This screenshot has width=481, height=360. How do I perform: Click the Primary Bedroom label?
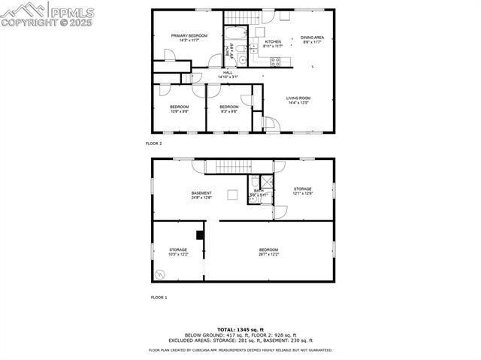189,38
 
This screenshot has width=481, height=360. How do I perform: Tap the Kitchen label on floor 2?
273,44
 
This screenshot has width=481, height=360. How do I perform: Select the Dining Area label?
313,41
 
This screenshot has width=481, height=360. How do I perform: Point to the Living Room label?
298,101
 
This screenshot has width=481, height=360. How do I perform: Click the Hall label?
228,75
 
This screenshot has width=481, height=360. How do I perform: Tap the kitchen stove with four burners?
276,62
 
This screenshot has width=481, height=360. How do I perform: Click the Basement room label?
201,195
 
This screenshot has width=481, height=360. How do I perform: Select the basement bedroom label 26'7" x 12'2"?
269,253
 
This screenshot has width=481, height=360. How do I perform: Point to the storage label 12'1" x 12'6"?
302,191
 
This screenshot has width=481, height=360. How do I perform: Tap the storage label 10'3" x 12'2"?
178,253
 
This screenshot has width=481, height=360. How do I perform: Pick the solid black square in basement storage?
200,234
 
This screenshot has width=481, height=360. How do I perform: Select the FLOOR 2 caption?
153,143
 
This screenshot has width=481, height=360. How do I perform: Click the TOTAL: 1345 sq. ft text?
240,330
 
